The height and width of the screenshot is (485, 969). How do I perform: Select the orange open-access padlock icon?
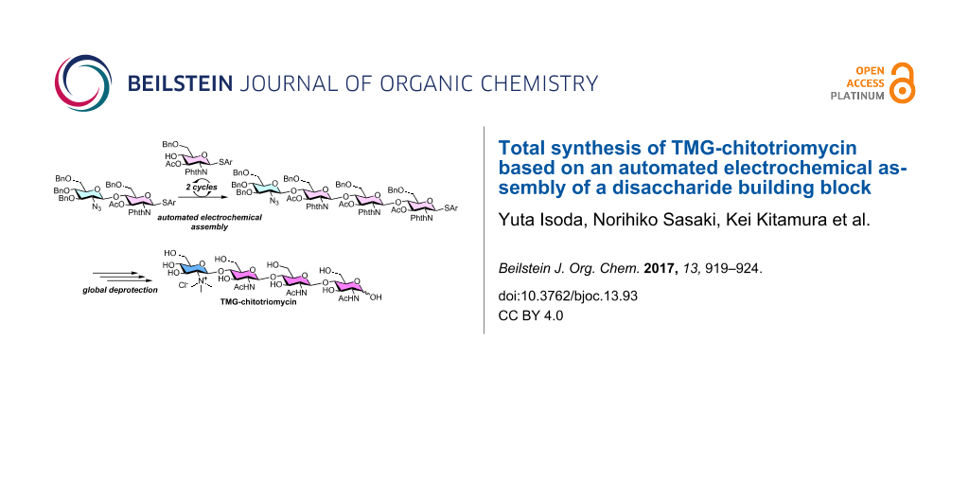[x=903, y=82]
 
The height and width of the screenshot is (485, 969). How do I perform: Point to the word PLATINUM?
[x=857, y=97]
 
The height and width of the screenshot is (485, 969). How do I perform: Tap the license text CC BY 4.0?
[x=530, y=315]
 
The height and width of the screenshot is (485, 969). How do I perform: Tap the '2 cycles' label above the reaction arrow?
[x=202, y=188]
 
